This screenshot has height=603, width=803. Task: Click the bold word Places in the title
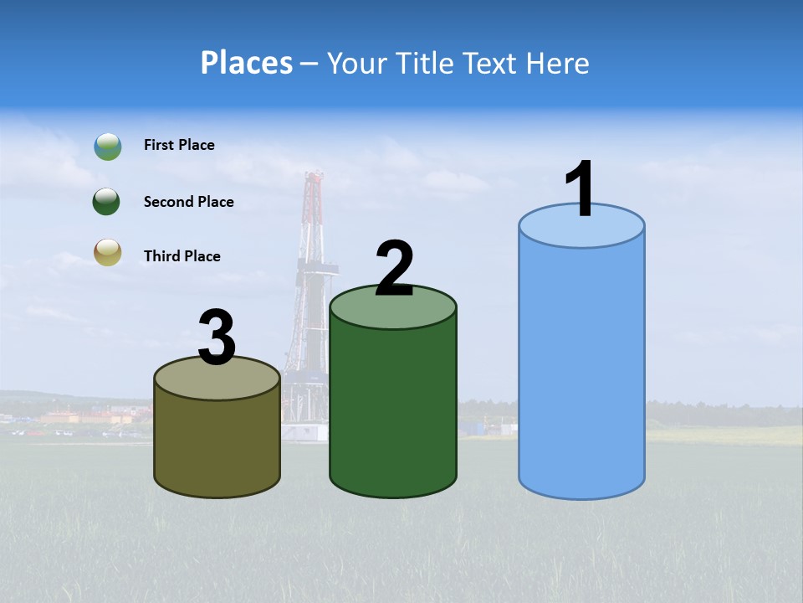(246, 63)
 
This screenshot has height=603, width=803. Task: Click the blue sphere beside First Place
(108, 147)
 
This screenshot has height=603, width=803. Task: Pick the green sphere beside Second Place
(108, 202)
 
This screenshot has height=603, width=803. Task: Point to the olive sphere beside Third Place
(108, 252)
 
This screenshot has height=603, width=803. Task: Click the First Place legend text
(179, 145)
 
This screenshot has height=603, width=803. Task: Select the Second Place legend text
(188, 202)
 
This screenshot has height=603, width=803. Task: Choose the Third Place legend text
(182, 256)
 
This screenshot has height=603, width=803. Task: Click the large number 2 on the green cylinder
(394, 270)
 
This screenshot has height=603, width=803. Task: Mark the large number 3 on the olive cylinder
(217, 338)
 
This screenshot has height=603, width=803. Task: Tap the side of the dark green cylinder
(393, 410)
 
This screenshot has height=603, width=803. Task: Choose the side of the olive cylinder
(217, 444)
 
